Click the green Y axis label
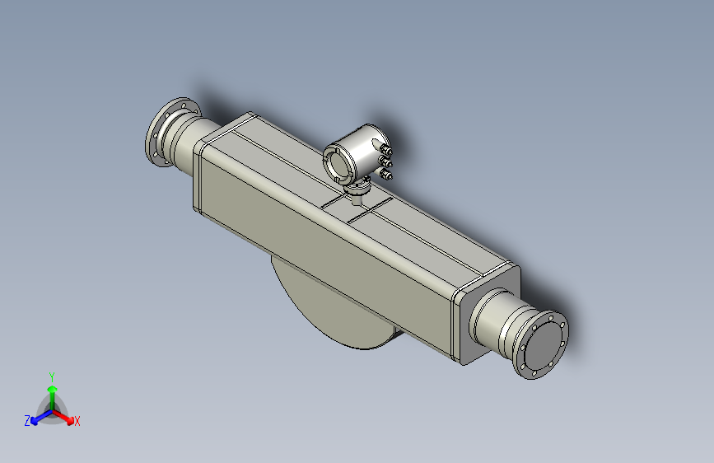pos(52,375)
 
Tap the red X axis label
pos(77,422)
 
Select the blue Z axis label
pos(27,420)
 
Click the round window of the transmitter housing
pos(339,163)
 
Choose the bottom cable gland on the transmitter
pos(387,174)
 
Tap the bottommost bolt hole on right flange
pos(535,372)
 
